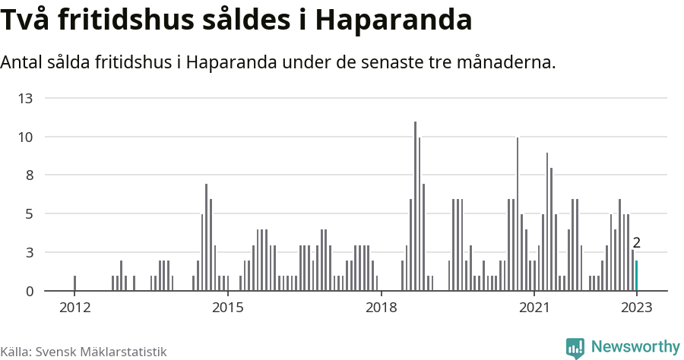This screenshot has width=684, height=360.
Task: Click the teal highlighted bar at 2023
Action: coord(636,276)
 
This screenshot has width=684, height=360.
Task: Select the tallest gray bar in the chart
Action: coord(415,206)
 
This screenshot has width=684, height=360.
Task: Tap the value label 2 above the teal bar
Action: coord(637,244)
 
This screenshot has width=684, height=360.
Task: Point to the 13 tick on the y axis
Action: coord(26,99)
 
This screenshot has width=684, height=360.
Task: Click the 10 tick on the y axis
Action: coord(26,137)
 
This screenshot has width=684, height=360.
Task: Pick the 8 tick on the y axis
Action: coord(29,175)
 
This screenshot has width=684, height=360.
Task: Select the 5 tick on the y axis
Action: coord(29,214)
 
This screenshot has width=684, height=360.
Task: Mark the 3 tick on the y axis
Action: coord(29,253)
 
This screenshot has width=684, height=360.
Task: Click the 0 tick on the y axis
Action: coord(29,291)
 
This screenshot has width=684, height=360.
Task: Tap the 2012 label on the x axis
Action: coord(74,308)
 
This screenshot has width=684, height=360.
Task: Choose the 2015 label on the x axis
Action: coord(227,308)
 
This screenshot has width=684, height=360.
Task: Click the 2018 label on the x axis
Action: coord(381,308)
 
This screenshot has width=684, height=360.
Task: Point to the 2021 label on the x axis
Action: coord(534,308)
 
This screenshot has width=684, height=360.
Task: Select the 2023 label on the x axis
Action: coord(636,308)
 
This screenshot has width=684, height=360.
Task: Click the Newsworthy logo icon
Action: coord(575,348)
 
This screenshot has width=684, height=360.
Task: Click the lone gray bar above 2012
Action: coord(74,283)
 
